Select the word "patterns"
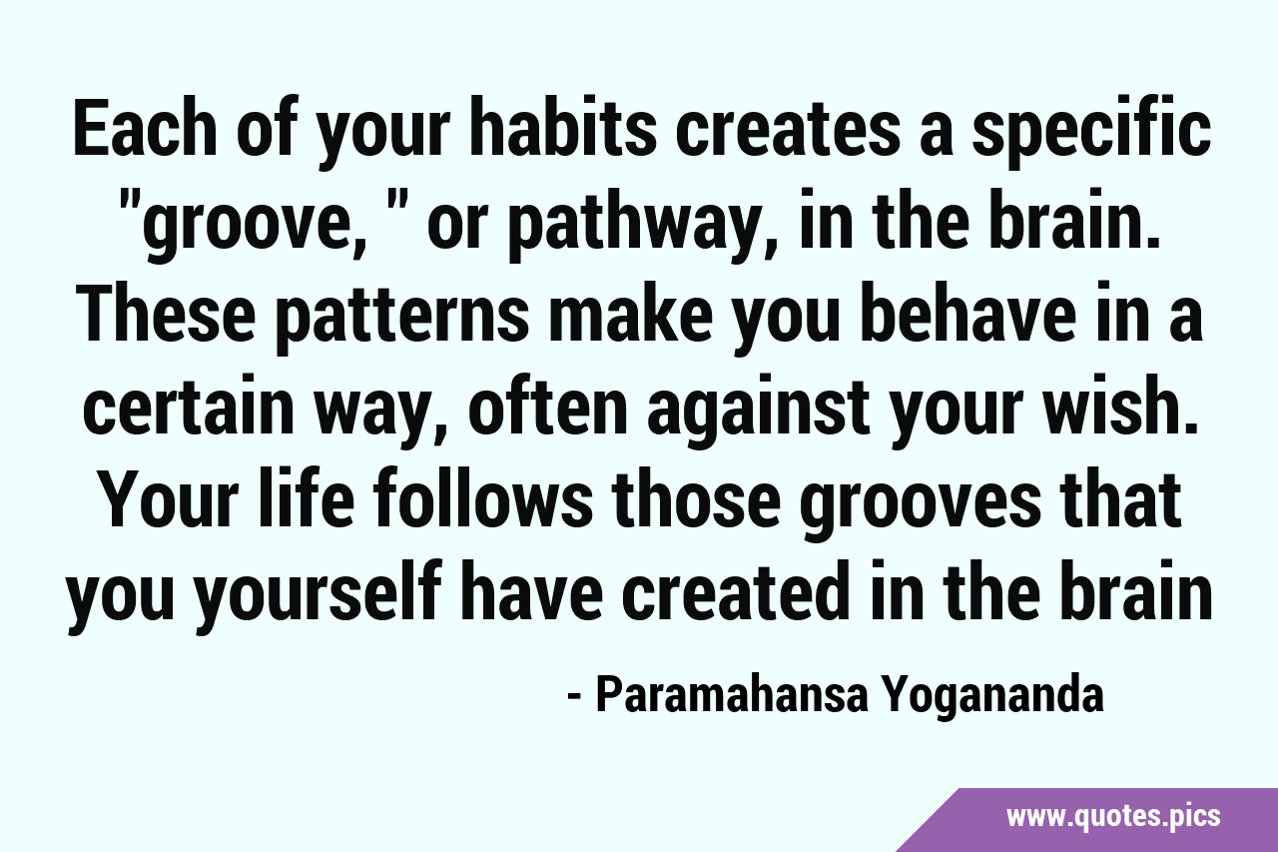403,321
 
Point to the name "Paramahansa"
732,697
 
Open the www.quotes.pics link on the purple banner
1113,817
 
